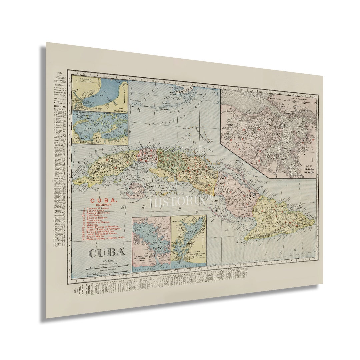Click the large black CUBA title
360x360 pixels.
(x=106, y=252)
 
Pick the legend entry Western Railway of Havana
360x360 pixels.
(x=105, y=239)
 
